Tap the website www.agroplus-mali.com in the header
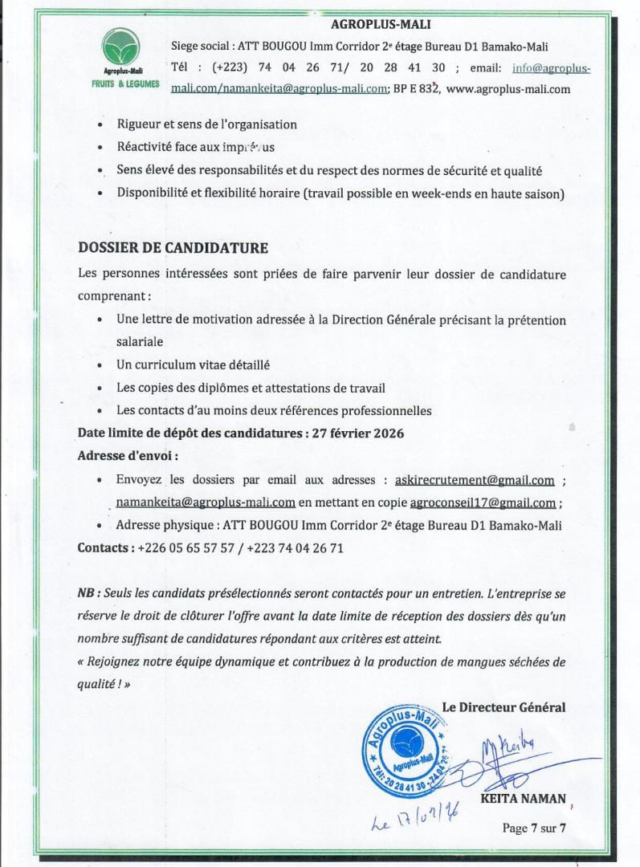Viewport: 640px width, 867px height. pyautogui.click(x=508, y=89)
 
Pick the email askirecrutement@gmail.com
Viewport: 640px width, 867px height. pyautogui.click(x=475, y=480)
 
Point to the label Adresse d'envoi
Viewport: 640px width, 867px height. pyautogui.click(x=128, y=455)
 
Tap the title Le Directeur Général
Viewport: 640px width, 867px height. pyautogui.click(x=503, y=707)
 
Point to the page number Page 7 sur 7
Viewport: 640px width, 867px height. pyautogui.click(x=535, y=828)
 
